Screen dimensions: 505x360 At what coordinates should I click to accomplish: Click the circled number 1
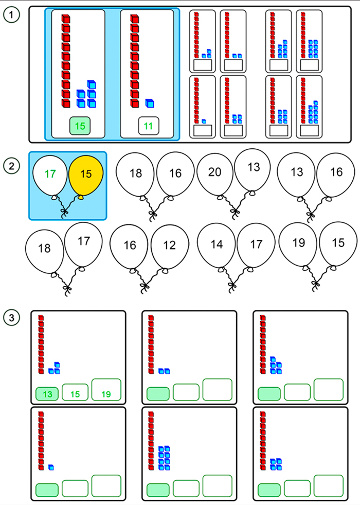click(x=11, y=14)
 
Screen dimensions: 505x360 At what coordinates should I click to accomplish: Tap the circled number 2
click(x=11, y=166)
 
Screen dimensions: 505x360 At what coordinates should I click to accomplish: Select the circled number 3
click(x=11, y=318)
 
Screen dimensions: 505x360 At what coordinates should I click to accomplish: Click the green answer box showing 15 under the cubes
click(x=80, y=126)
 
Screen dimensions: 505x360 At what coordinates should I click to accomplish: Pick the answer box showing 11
click(x=148, y=126)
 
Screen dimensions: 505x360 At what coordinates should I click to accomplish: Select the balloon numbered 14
click(x=217, y=246)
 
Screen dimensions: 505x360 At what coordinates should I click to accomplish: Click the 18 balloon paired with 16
click(x=135, y=175)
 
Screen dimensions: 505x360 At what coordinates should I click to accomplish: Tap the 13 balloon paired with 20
click(x=254, y=168)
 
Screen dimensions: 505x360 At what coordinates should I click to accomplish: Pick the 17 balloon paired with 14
click(x=256, y=246)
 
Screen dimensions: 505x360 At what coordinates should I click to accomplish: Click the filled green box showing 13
click(x=47, y=394)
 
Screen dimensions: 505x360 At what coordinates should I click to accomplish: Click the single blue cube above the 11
click(x=149, y=103)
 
